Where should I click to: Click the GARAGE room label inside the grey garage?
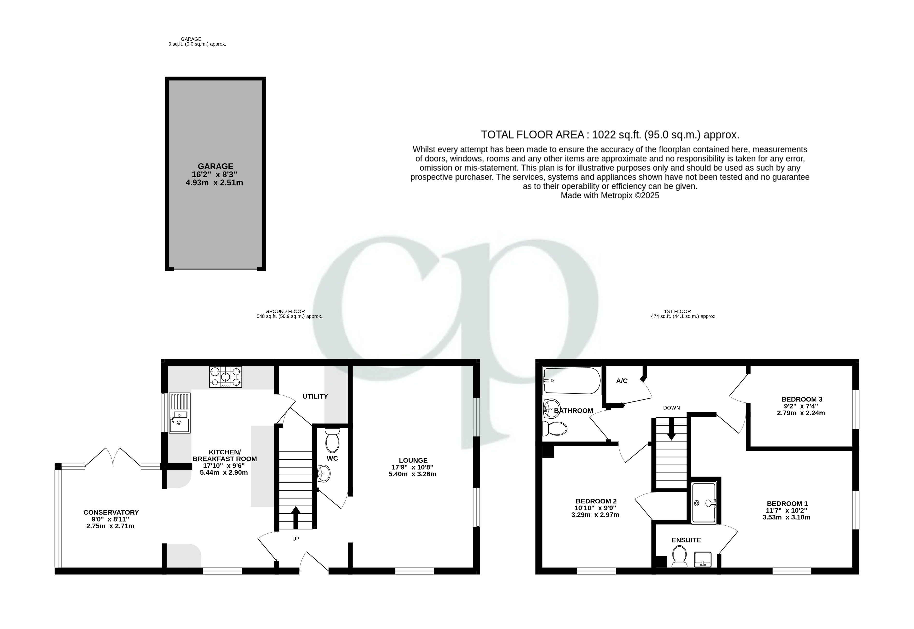[215, 166]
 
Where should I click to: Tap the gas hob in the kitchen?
[226, 377]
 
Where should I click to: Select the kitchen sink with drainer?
[179, 413]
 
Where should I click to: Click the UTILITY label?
[315, 396]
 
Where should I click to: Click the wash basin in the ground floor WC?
[324, 473]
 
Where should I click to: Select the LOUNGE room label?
[413, 460]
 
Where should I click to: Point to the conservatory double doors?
[113, 457]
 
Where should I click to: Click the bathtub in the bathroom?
[572, 381]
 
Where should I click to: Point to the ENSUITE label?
[686, 540]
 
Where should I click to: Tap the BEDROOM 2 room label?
[595, 501]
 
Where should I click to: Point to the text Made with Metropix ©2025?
[610, 195]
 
